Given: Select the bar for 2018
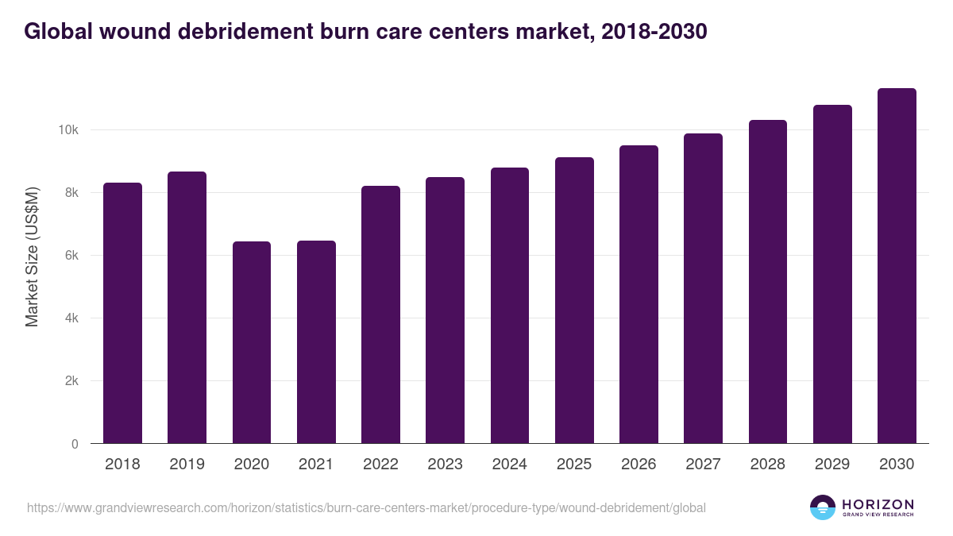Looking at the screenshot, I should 122,313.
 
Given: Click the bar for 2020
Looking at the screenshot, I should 252,342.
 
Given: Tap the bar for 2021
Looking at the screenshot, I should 316,342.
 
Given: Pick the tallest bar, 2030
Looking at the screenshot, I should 897,266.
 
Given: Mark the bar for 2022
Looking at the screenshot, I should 380,314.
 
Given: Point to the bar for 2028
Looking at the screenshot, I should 768,282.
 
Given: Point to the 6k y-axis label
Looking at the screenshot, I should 71,256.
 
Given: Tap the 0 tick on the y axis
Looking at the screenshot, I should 75,444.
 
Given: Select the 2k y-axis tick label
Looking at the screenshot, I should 71,381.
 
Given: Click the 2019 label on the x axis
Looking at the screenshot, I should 187,465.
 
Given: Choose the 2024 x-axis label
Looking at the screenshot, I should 509,465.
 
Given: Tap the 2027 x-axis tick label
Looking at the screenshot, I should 703,465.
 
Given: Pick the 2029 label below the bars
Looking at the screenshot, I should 832,465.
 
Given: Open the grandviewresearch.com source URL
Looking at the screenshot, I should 366,507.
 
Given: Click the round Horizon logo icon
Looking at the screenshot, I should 823,507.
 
